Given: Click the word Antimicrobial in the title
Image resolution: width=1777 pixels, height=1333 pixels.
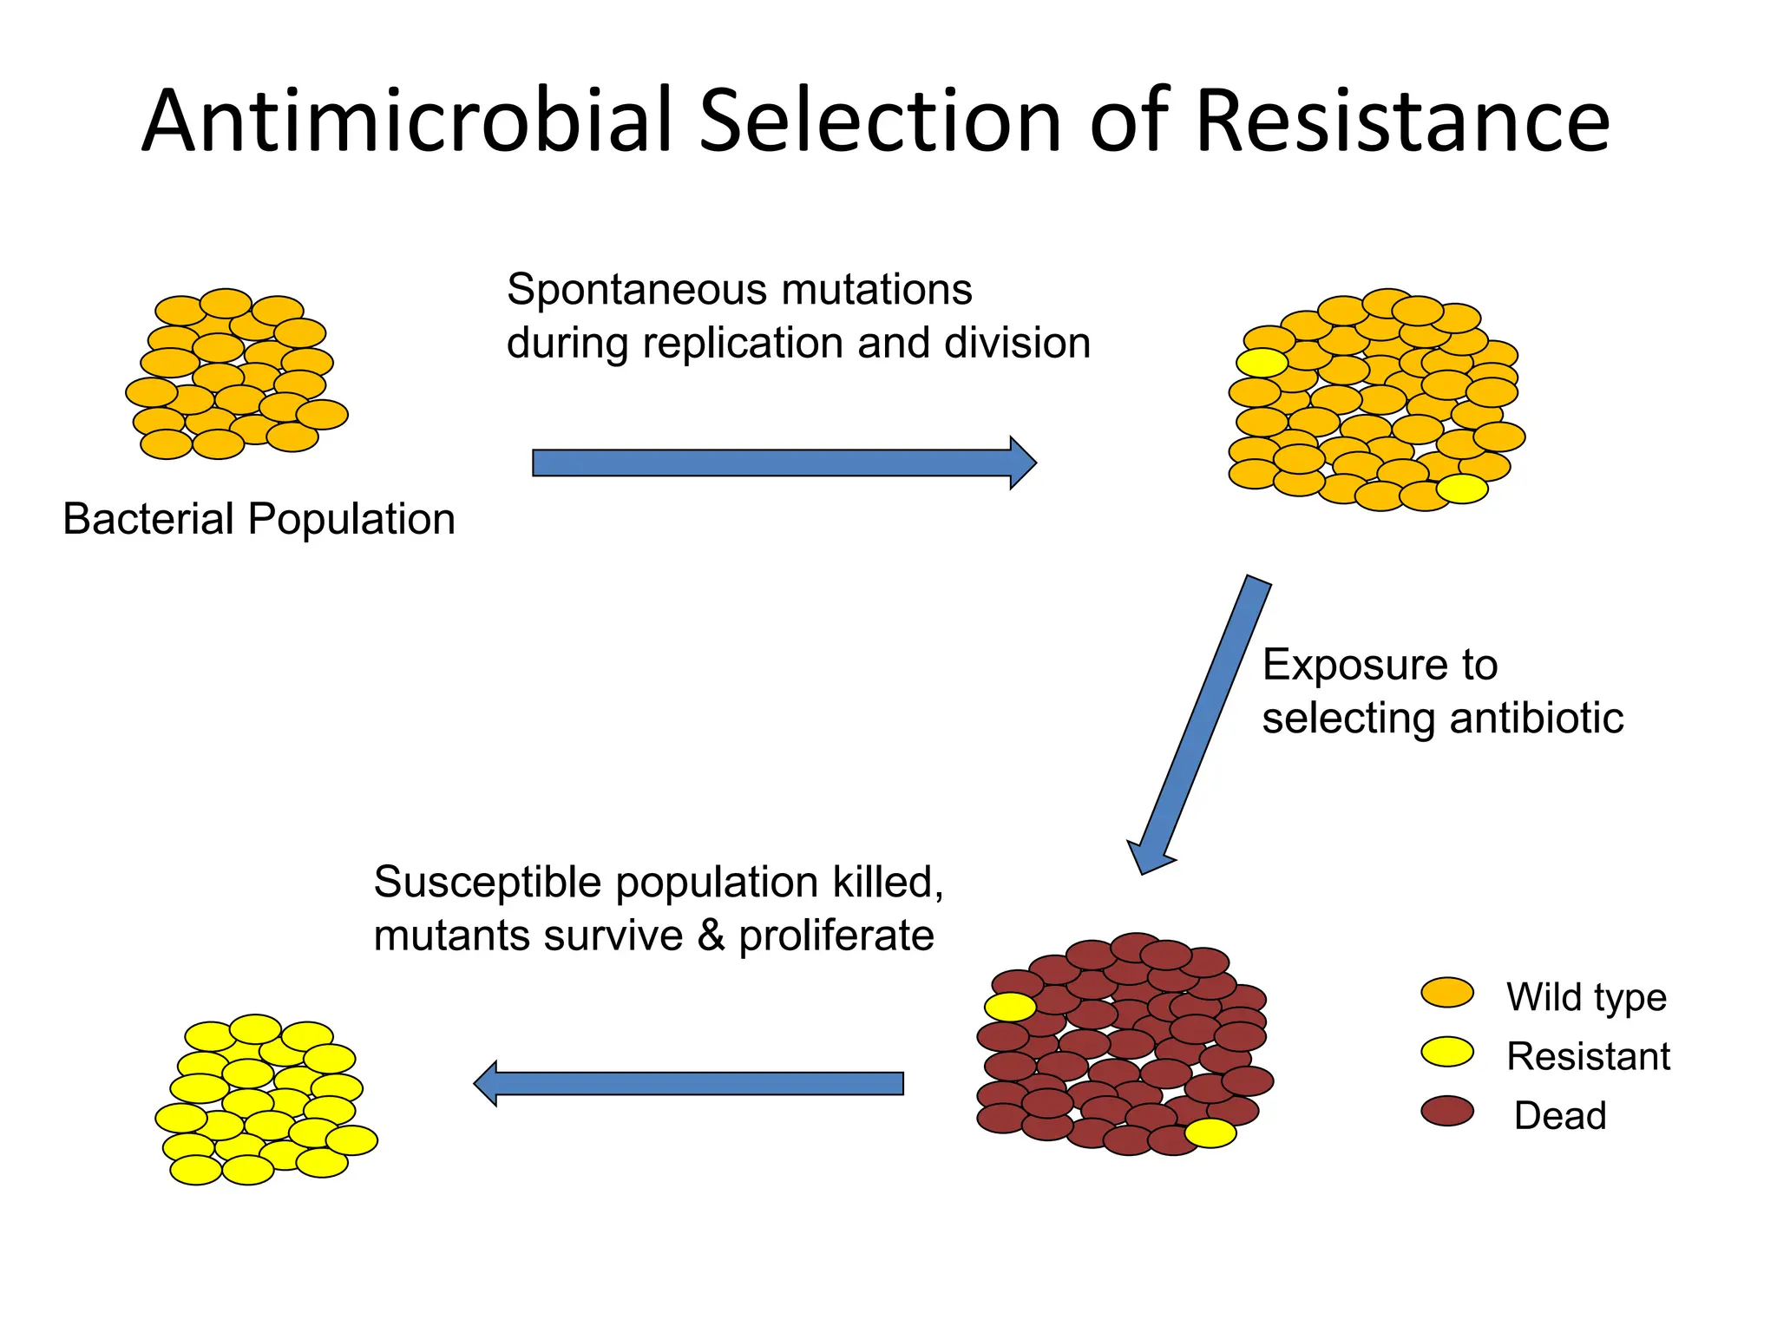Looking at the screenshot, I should (x=408, y=121).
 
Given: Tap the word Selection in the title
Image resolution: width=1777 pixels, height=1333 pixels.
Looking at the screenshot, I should (x=881, y=121).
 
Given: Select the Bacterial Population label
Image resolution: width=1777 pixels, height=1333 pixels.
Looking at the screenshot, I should (x=259, y=519).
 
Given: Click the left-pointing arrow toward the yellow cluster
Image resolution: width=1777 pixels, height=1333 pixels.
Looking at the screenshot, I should (x=690, y=1083).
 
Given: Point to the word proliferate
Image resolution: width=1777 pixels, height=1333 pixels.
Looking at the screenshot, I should (x=836, y=936).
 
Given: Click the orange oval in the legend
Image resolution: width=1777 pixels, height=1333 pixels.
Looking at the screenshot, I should (x=1447, y=993).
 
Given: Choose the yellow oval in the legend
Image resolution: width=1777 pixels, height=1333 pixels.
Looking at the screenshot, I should (x=1447, y=1052).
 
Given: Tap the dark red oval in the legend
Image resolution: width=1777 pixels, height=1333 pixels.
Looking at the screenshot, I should (x=1447, y=1111).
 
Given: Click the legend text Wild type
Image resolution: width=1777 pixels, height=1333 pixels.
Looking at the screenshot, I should (x=1586, y=997).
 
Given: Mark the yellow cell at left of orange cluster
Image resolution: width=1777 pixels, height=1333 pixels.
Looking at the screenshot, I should (x=1262, y=362).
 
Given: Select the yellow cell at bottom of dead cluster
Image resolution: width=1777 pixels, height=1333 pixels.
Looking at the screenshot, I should (x=1210, y=1133).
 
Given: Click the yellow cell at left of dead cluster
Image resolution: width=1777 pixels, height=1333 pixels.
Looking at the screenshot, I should (x=1010, y=1007).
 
